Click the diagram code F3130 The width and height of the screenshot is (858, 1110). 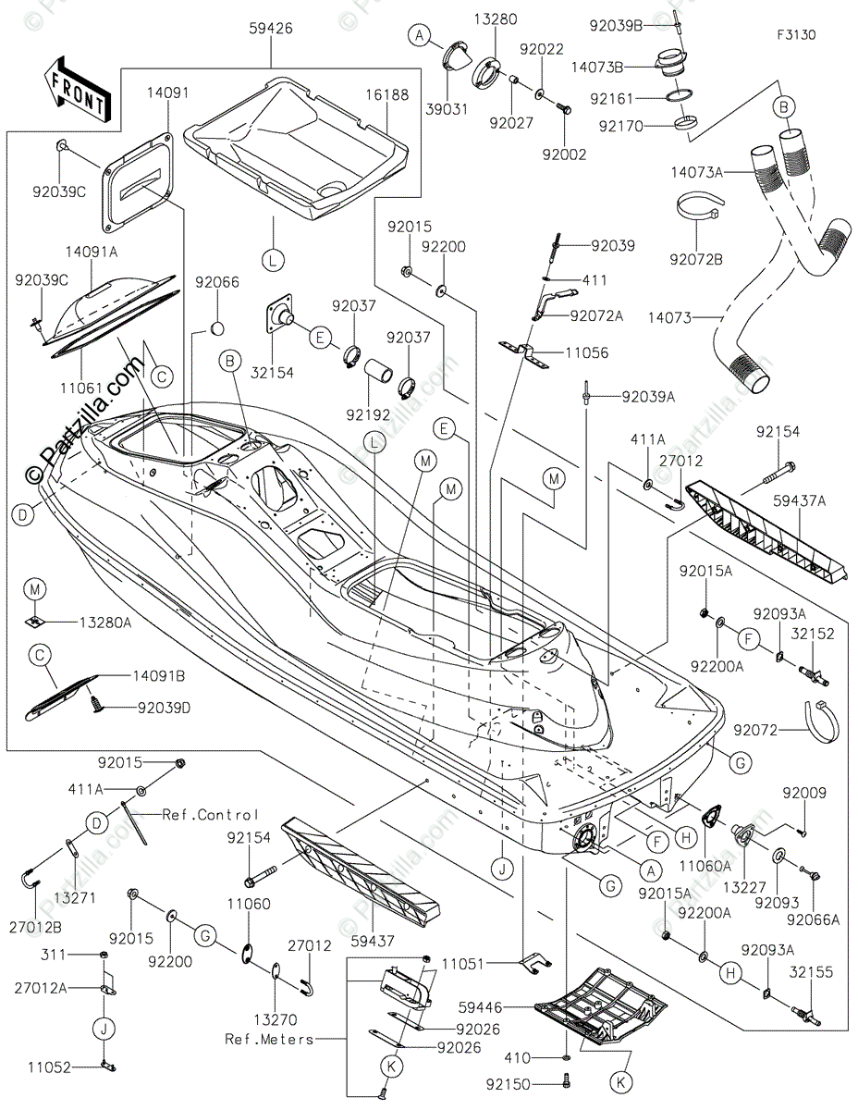(797, 35)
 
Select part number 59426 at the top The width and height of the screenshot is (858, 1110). (271, 29)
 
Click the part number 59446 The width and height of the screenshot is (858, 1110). (484, 1003)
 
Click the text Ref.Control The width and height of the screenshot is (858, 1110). (211, 815)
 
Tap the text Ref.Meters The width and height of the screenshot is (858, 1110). (268, 1039)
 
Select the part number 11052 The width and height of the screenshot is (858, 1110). (48, 1067)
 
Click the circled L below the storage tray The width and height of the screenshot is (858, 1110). (273, 261)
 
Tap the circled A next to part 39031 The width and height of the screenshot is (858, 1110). (420, 35)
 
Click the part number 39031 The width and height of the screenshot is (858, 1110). (447, 108)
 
